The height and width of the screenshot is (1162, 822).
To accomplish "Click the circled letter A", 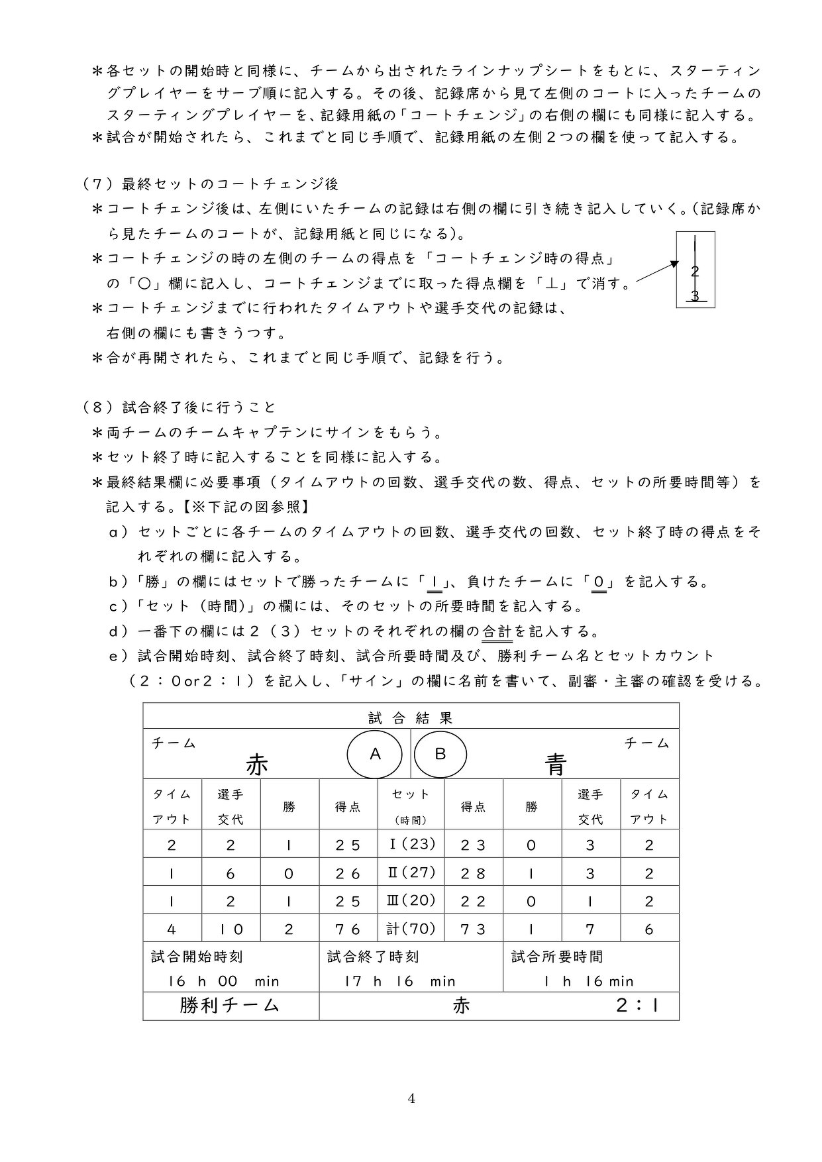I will coord(375,754).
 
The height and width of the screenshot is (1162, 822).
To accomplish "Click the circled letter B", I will coord(440,754).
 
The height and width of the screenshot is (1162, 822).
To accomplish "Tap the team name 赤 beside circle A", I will coord(257,765).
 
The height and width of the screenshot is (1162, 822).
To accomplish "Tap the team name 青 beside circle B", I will coord(555,765).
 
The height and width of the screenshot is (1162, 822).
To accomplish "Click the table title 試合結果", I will coord(411,717).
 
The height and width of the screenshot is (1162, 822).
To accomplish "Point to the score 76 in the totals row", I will coord(348,929).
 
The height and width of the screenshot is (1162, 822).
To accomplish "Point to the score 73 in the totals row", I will coord(473,929).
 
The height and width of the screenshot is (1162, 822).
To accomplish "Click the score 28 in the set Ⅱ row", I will coord(473,873).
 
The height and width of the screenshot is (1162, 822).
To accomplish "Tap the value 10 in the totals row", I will coord(230,929).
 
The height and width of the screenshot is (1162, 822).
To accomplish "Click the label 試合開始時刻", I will coord(197,957).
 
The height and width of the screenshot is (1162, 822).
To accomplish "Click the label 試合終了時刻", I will coord(373,957).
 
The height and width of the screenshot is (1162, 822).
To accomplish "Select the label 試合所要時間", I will coord(557,957).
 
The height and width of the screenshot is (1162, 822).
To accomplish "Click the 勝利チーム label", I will coord(229,1005).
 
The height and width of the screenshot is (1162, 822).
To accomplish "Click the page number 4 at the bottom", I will coord(411,1098).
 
